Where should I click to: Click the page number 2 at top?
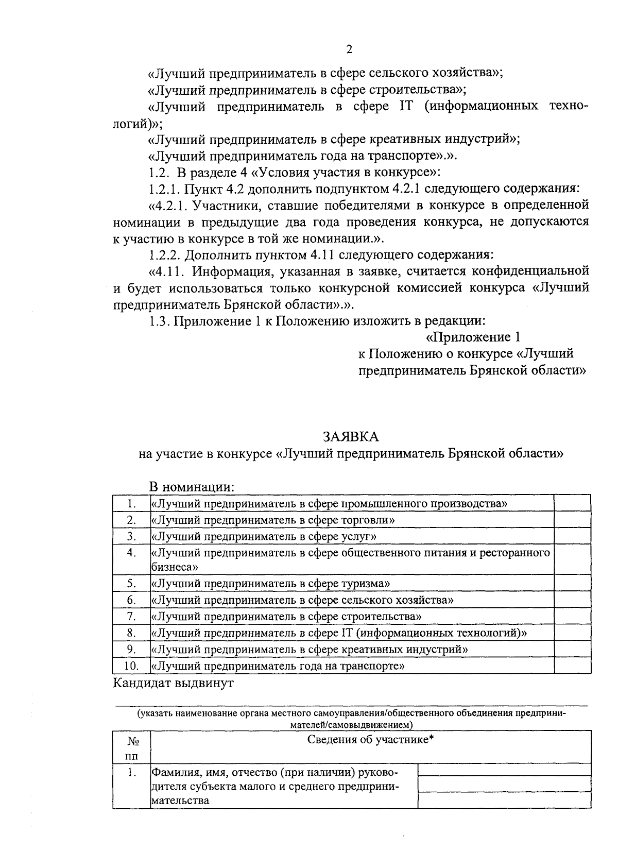pyautogui.click(x=349, y=49)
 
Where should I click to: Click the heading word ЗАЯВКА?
pyautogui.click(x=351, y=437)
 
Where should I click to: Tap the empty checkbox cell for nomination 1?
pyautogui.click(x=572, y=503)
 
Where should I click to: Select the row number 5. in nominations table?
pyautogui.click(x=131, y=584)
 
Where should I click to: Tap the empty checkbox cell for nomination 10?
pyautogui.click(x=572, y=666)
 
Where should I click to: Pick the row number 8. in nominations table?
pyautogui.click(x=131, y=633)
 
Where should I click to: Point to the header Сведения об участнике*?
pyautogui.click(x=370, y=740)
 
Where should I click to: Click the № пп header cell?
pyautogui.click(x=132, y=748)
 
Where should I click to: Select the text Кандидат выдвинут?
pyautogui.click(x=174, y=684)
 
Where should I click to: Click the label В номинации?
pyautogui.click(x=192, y=487)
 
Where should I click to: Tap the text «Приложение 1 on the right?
pyautogui.click(x=472, y=337)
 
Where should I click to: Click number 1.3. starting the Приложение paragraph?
pyautogui.click(x=160, y=321)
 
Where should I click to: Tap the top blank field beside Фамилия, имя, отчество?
pyautogui.click(x=504, y=770)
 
